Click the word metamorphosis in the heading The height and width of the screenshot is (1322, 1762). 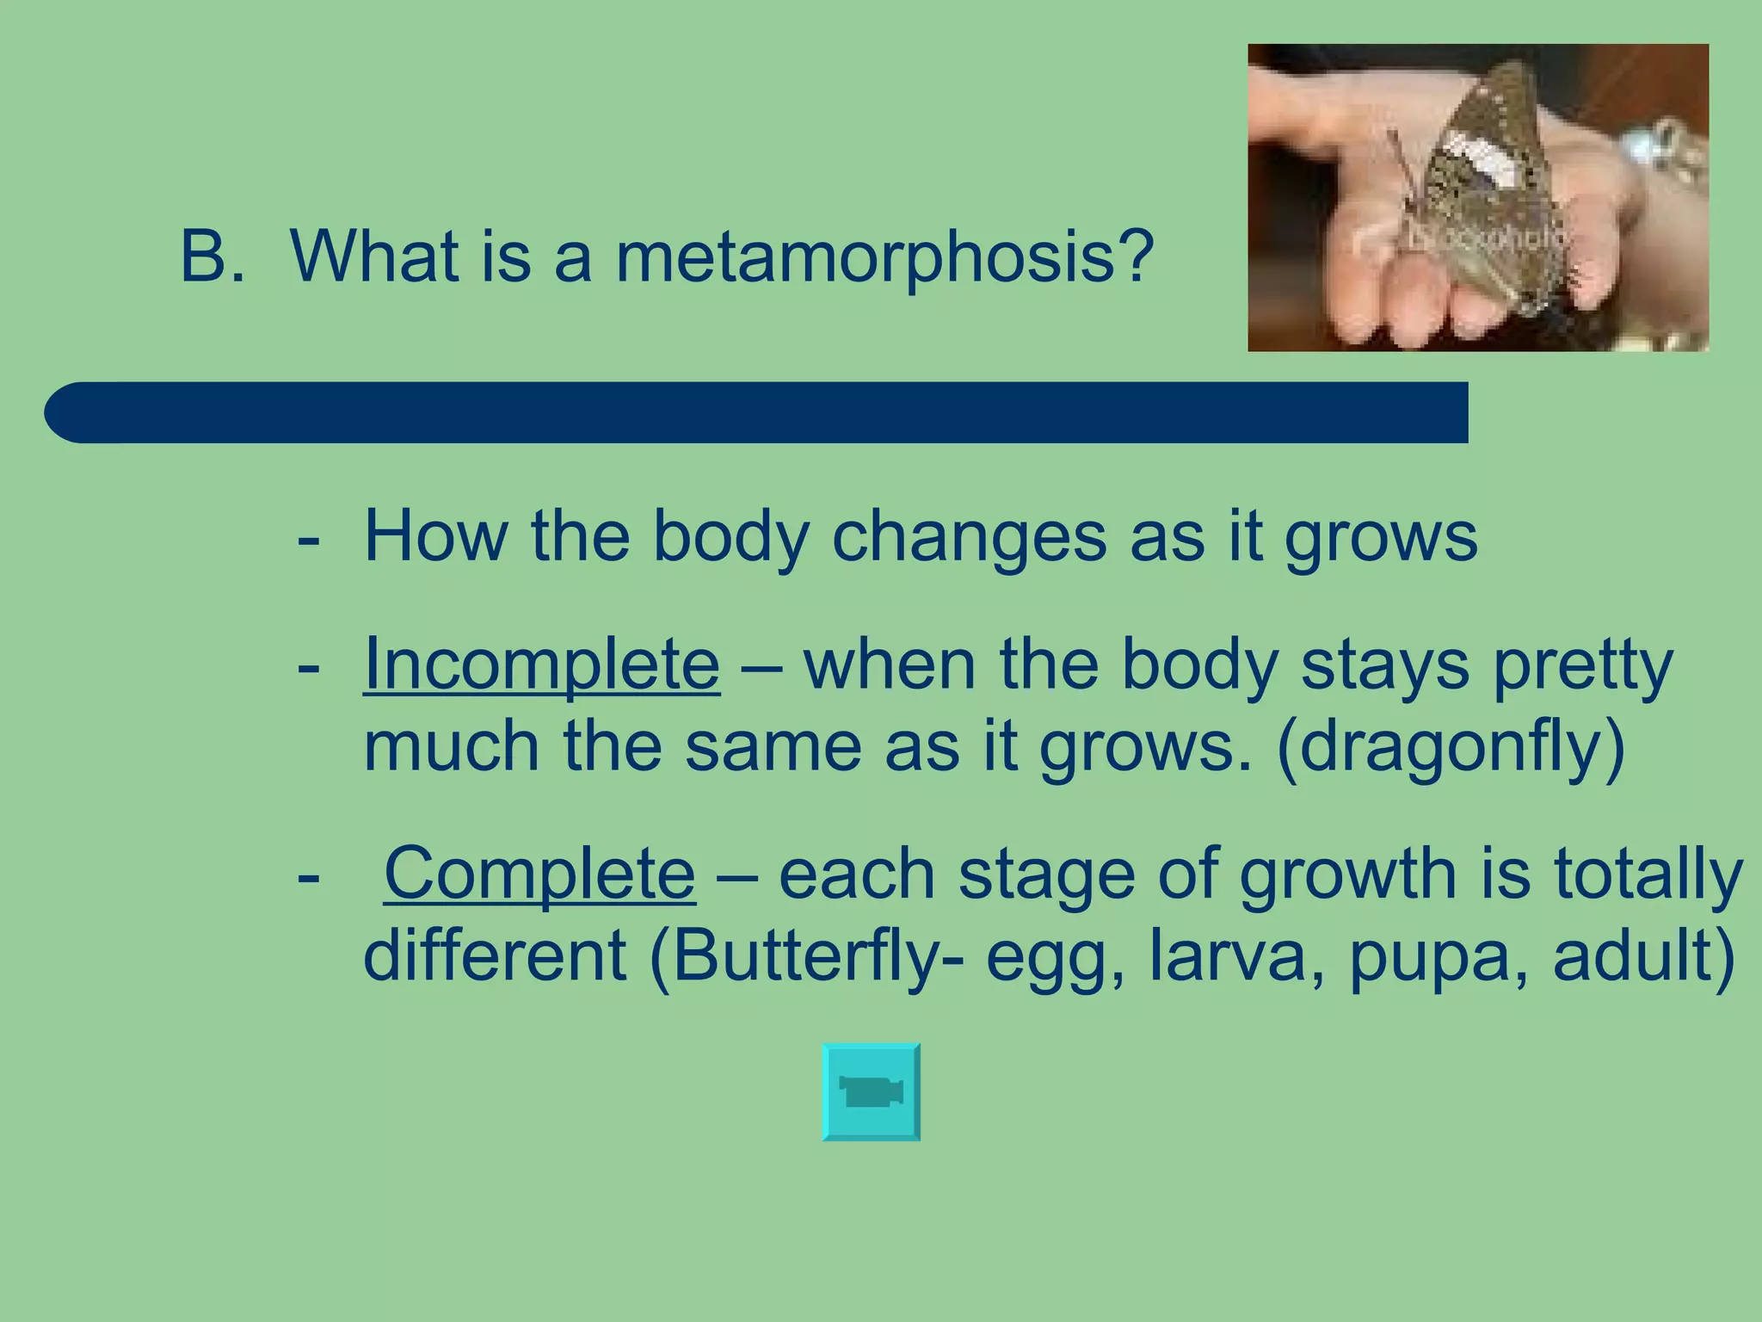coord(884,256)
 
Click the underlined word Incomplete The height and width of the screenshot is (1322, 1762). coord(541,664)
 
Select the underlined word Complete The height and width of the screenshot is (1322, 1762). coord(539,874)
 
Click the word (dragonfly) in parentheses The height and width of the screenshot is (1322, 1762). coord(1451,747)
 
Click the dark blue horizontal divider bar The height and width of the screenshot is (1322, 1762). coord(757,412)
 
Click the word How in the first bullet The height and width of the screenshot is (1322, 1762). coord(435,536)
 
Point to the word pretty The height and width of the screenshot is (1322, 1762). coord(1583,666)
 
